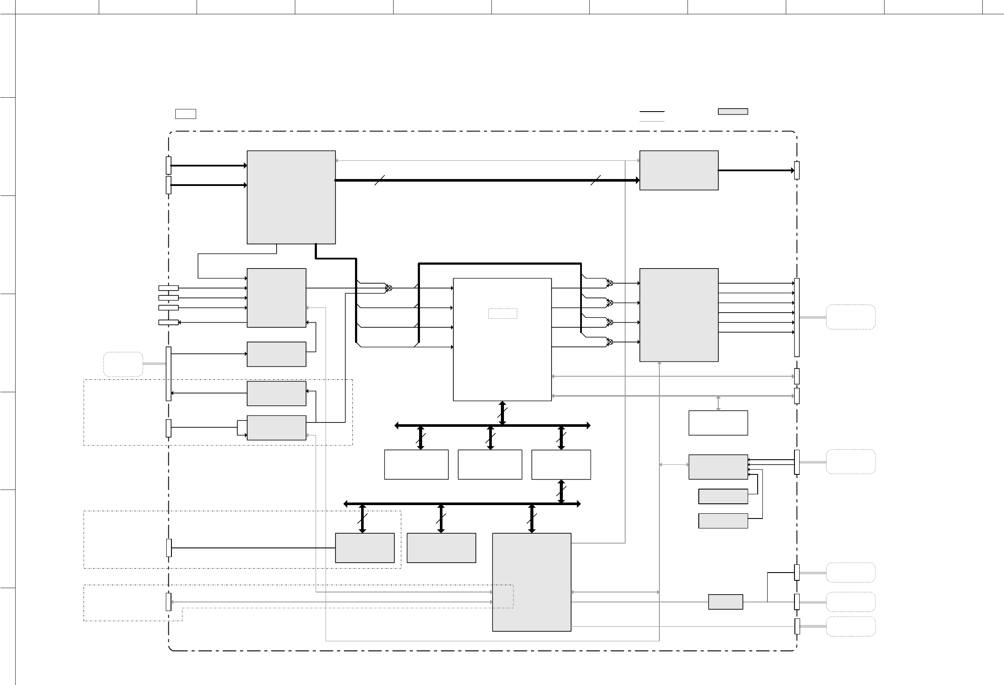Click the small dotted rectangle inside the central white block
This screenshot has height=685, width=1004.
coord(503,314)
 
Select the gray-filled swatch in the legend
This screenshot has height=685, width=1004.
coord(733,112)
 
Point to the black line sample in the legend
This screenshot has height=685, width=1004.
coord(652,112)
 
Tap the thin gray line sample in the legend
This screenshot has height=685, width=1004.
coord(652,122)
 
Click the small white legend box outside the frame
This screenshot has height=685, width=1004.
coord(185,114)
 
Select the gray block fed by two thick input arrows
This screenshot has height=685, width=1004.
coord(291,197)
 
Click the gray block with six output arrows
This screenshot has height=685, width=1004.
coord(678,315)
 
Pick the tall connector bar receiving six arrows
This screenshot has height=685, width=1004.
coord(797,317)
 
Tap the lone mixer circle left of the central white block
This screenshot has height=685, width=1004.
coord(389,288)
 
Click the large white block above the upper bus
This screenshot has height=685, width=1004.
coord(502,339)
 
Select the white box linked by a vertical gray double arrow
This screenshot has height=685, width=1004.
coord(718,423)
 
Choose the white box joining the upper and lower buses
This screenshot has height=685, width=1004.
coord(561,464)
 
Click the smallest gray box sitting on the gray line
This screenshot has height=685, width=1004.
coord(725,602)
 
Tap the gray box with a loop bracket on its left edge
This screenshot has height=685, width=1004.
coord(276,428)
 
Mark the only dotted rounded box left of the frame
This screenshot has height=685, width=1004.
coord(123,364)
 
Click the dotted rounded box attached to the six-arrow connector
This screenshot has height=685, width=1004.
coord(850,317)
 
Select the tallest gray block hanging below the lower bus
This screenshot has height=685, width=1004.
coord(531,582)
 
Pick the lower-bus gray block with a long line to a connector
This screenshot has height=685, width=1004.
coord(365,548)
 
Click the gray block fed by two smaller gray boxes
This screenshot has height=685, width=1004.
coord(718,467)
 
